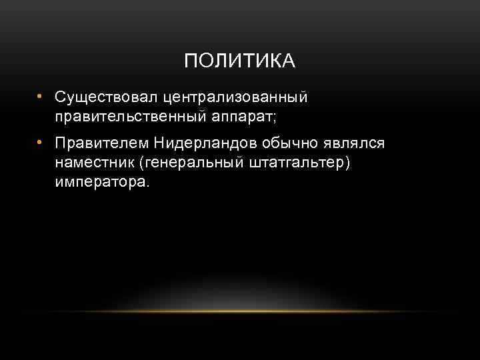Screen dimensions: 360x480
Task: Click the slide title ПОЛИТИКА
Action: tap(239, 61)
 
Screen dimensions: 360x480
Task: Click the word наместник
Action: tap(94, 163)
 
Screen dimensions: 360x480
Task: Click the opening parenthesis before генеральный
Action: tap(140, 163)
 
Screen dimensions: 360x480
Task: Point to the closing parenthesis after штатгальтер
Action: tap(345, 163)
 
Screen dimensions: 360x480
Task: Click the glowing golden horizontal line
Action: tap(240, 311)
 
